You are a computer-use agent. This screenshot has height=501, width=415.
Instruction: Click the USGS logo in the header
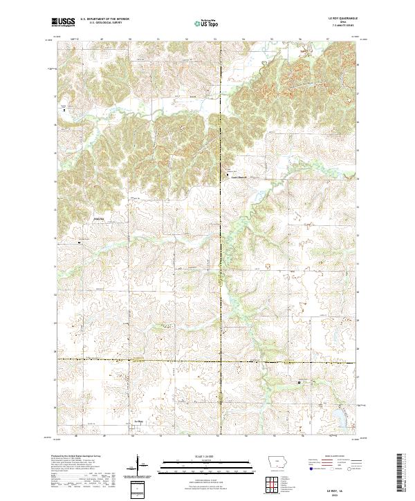[63, 23]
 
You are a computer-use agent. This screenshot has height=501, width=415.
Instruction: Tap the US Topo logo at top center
[207, 23]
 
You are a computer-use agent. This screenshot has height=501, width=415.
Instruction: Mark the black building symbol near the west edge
[80, 243]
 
